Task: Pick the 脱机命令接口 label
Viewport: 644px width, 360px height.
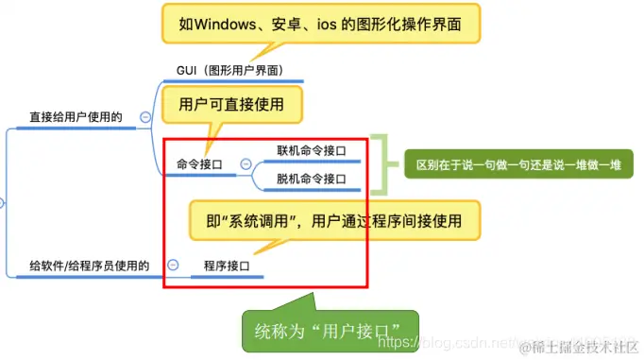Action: [311, 179]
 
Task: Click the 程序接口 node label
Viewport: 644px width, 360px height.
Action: [226, 267]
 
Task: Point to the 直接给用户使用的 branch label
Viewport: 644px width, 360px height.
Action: [76, 117]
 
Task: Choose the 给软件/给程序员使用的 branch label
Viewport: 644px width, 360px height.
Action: [90, 266]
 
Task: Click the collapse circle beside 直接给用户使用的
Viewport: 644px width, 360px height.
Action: [144, 117]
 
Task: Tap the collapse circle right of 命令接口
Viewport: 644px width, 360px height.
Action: [246, 164]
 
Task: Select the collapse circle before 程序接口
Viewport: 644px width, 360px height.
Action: [173, 266]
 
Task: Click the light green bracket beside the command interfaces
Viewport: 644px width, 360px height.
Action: [379, 163]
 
